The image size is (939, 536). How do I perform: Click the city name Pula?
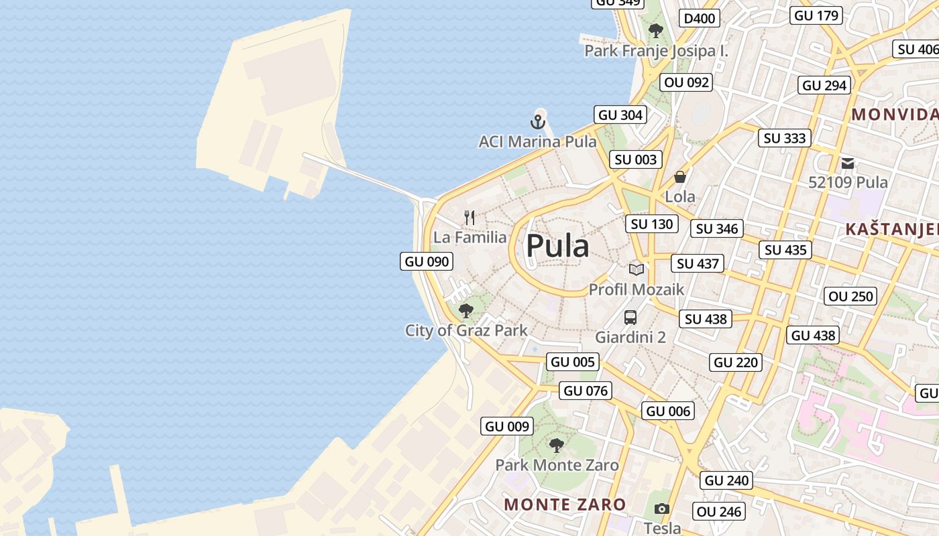(x=557, y=246)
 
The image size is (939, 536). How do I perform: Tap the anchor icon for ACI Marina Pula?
(x=537, y=122)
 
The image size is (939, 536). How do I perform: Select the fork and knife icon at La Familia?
(x=469, y=218)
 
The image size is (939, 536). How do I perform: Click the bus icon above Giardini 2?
(x=630, y=318)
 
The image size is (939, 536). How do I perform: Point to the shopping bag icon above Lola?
(x=680, y=177)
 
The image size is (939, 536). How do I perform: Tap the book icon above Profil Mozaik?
(x=636, y=269)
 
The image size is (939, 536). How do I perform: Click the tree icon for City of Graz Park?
(x=466, y=310)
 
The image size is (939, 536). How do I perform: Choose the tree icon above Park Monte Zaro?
(x=556, y=445)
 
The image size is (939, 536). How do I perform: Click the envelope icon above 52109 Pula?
(x=848, y=163)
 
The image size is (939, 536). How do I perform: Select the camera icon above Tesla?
(x=662, y=509)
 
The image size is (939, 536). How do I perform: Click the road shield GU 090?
(x=427, y=261)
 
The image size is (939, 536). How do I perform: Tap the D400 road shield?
(x=699, y=18)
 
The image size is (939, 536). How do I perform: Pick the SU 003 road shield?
(x=637, y=159)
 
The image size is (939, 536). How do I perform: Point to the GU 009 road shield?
(x=508, y=426)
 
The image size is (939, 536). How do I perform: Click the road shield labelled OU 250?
(x=851, y=296)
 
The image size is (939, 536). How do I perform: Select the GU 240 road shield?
(x=727, y=480)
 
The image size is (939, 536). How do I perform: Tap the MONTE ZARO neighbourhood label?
(x=565, y=504)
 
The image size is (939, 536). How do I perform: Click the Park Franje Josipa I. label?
(x=656, y=51)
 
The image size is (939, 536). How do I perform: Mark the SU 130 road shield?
(x=652, y=224)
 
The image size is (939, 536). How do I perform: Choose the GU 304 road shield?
(x=620, y=115)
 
